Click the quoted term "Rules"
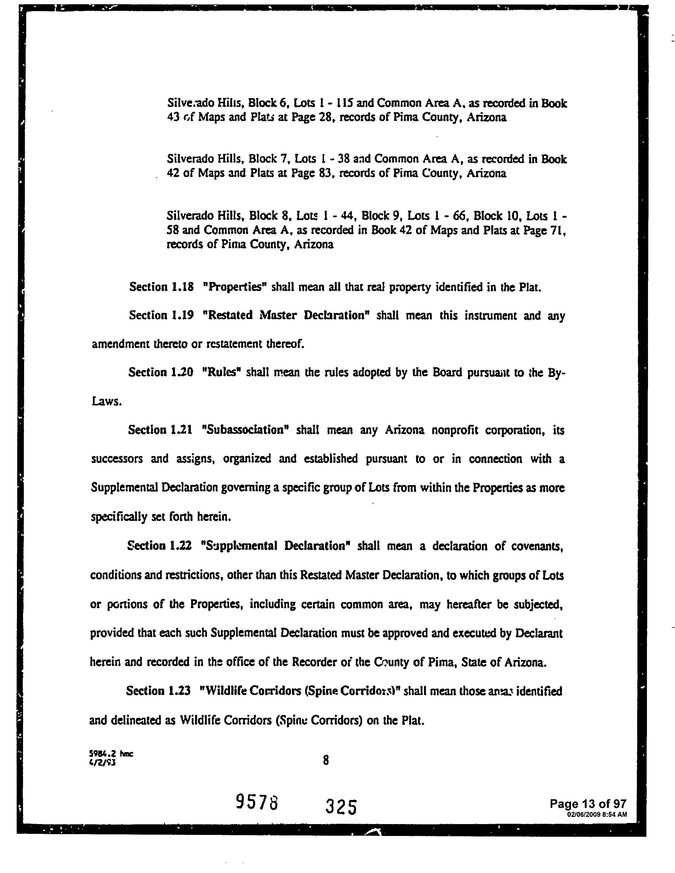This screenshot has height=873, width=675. click(x=221, y=372)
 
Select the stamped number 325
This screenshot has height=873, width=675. click(x=341, y=806)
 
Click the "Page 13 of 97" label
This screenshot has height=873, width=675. click(x=588, y=803)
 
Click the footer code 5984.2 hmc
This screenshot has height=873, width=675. click(x=111, y=753)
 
